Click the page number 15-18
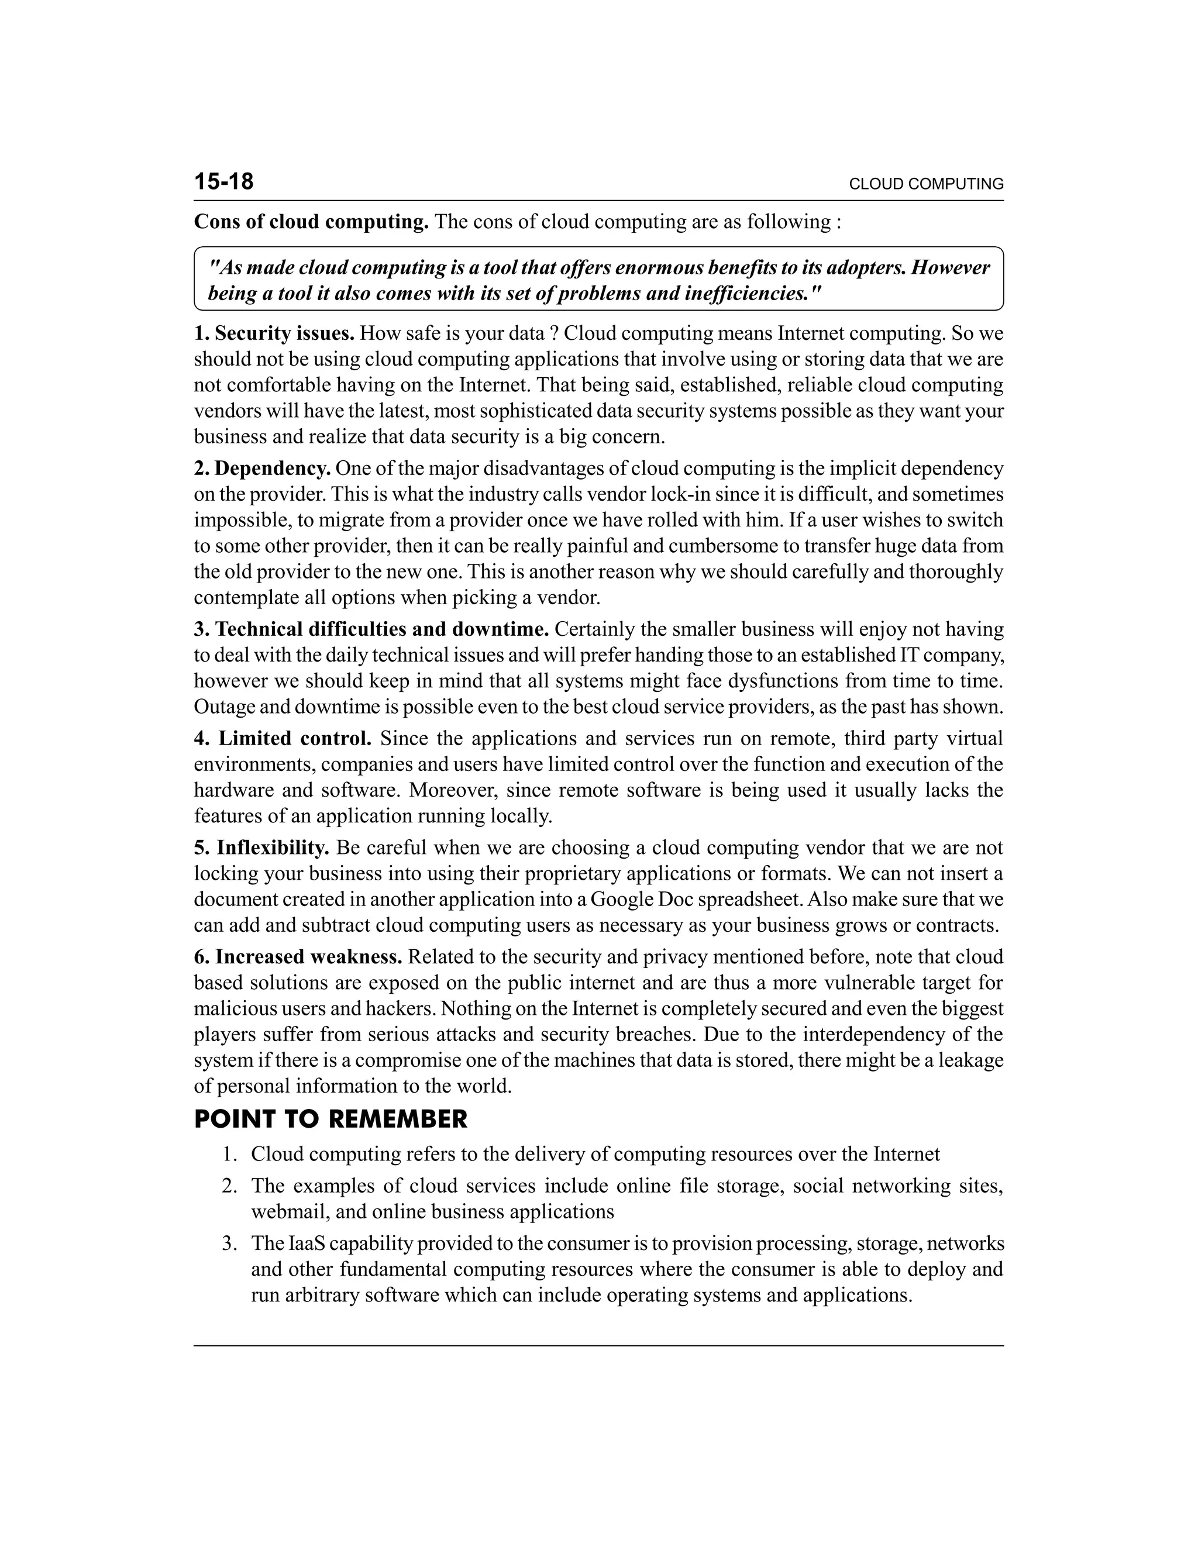[x=223, y=182]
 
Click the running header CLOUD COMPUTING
[x=925, y=184]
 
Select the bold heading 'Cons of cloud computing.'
[x=311, y=222]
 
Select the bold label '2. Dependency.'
[x=263, y=469]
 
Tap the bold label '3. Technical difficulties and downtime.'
[x=372, y=629]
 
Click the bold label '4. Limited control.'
[x=283, y=739]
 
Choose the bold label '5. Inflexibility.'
[x=262, y=848]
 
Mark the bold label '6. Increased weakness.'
[x=298, y=957]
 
